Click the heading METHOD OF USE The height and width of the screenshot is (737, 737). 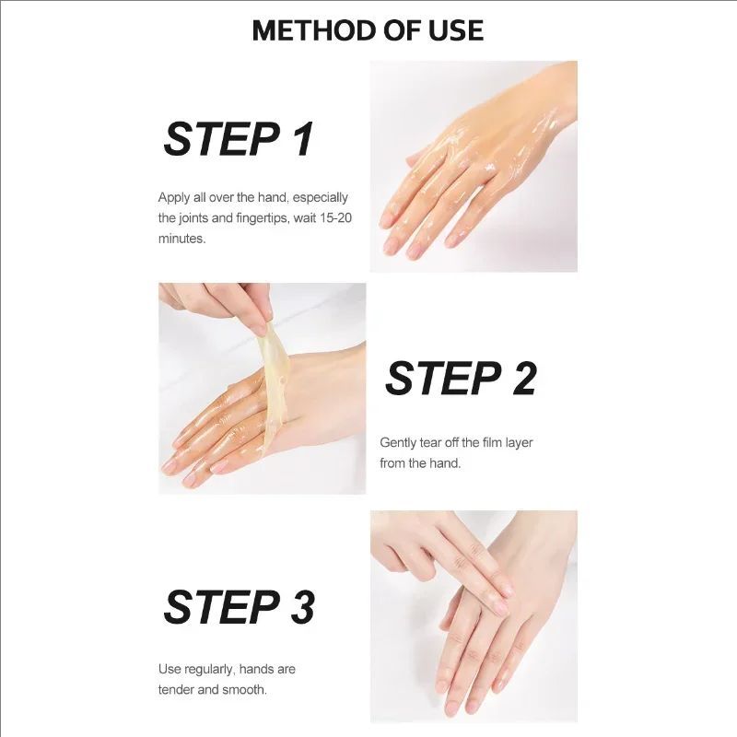[x=368, y=29]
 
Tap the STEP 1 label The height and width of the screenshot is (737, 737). [x=239, y=139]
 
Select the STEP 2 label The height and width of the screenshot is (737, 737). [x=461, y=378]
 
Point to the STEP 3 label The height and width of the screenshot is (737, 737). [x=239, y=607]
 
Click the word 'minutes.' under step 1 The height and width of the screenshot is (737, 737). [x=181, y=238]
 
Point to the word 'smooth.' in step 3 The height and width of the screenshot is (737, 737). [x=246, y=689]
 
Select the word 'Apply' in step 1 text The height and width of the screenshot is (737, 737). [x=174, y=197]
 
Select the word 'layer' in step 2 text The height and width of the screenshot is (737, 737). [x=516, y=443]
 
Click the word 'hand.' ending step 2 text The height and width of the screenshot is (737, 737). [x=445, y=463]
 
